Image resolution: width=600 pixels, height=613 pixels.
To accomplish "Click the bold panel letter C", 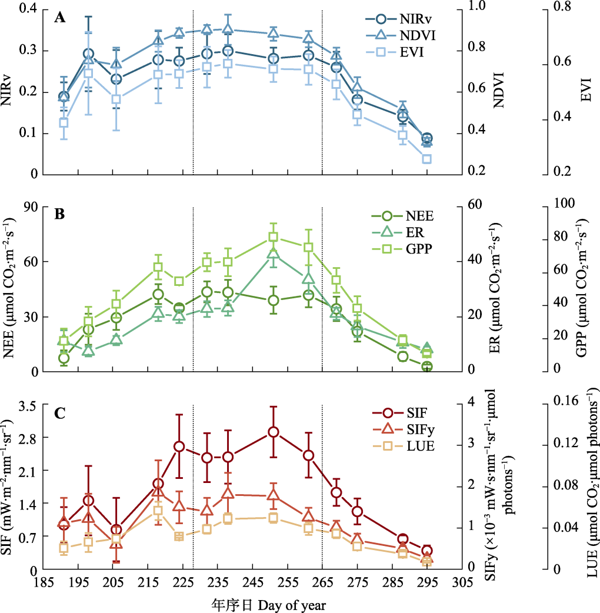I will click(59, 414).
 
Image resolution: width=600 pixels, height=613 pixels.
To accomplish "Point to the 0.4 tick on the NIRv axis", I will click(28, 9).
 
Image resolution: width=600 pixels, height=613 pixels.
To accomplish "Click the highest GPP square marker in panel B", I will click(273, 236).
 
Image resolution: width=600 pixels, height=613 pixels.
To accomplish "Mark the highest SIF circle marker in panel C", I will click(273, 432).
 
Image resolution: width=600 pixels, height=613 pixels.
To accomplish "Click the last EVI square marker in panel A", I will click(426, 159).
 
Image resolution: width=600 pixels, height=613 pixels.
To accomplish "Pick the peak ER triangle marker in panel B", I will click(273, 254).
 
